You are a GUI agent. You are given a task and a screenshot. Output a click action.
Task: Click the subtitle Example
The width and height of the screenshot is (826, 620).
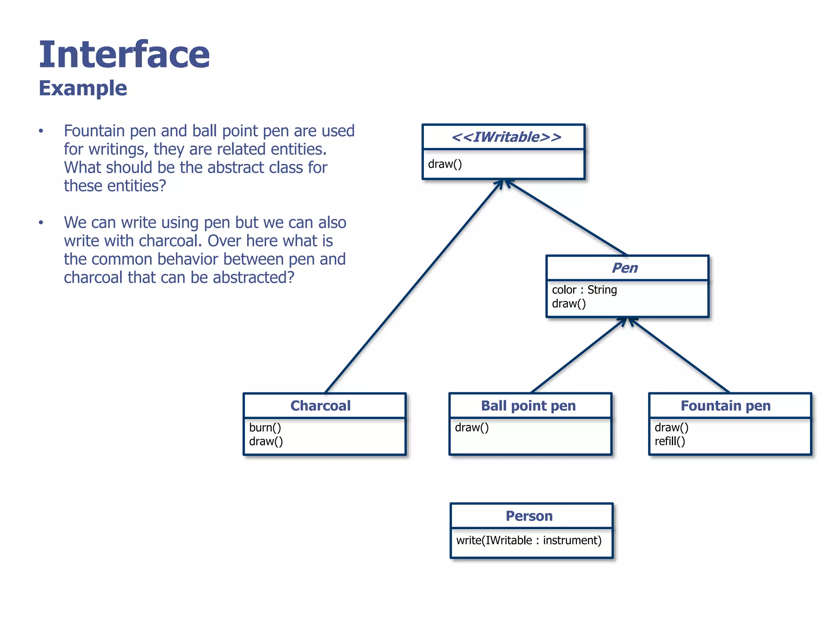click(83, 88)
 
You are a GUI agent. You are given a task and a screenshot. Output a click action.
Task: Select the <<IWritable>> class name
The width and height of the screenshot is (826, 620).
click(506, 137)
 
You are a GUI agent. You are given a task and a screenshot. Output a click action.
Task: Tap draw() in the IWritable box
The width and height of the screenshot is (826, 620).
click(445, 164)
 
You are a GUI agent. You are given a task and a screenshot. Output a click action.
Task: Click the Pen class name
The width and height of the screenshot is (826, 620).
click(625, 268)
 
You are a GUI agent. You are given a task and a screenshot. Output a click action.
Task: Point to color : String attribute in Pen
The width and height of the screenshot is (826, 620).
click(584, 290)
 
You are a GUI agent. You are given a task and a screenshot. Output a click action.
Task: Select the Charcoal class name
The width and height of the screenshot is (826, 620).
click(321, 406)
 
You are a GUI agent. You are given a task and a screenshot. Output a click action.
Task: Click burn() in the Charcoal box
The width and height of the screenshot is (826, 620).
click(265, 427)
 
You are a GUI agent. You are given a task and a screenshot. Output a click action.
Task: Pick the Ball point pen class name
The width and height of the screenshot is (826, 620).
click(528, 406)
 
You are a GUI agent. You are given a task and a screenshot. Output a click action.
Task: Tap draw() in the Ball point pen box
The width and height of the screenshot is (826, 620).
click(471, 427)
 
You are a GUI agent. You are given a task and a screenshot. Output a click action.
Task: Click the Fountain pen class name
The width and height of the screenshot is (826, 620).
click(726, 406)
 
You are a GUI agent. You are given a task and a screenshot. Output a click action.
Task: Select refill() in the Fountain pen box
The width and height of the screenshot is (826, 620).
click(670, 442)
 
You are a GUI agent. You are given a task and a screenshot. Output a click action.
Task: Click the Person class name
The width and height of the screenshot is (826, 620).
click(529, 516)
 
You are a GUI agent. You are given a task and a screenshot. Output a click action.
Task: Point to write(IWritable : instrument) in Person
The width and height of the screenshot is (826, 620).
click(529, 540)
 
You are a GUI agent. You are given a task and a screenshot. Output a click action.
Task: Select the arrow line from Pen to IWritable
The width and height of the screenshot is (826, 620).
click(567, 218)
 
